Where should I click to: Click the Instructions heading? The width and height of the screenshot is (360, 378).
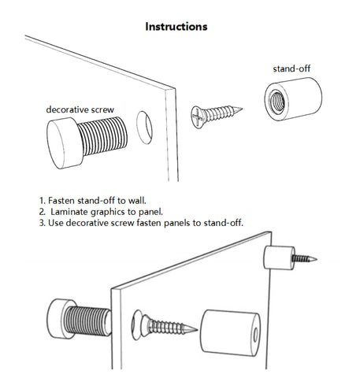[176, 27]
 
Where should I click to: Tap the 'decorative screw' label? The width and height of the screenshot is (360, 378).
[80, 109]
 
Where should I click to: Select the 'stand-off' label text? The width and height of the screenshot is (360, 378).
[291, 69]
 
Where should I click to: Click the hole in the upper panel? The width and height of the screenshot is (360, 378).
[144, 128]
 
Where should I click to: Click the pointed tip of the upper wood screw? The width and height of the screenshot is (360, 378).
[241, 108]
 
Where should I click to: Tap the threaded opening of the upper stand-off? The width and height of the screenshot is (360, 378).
[277, 100]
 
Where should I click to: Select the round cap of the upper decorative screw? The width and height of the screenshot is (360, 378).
[65, 143]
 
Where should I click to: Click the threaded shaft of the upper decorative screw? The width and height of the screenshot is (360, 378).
[104, 135]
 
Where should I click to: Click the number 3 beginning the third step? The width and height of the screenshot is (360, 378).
[42, 223]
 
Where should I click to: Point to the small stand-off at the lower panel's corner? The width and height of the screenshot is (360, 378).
[279, 258]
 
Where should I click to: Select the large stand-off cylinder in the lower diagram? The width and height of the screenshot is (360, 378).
[230, 333]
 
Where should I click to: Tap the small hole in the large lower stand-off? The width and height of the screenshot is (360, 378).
[255, 335]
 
